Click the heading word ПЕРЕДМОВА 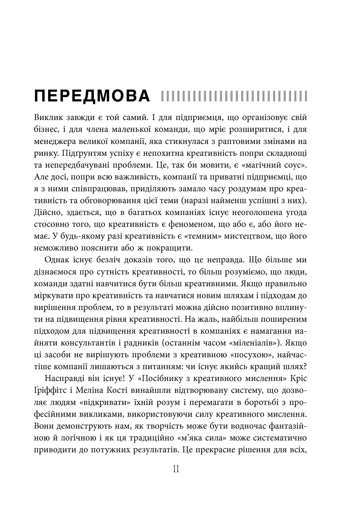click(x=92, y=96)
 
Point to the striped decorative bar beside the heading click(x=234, y=96)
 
